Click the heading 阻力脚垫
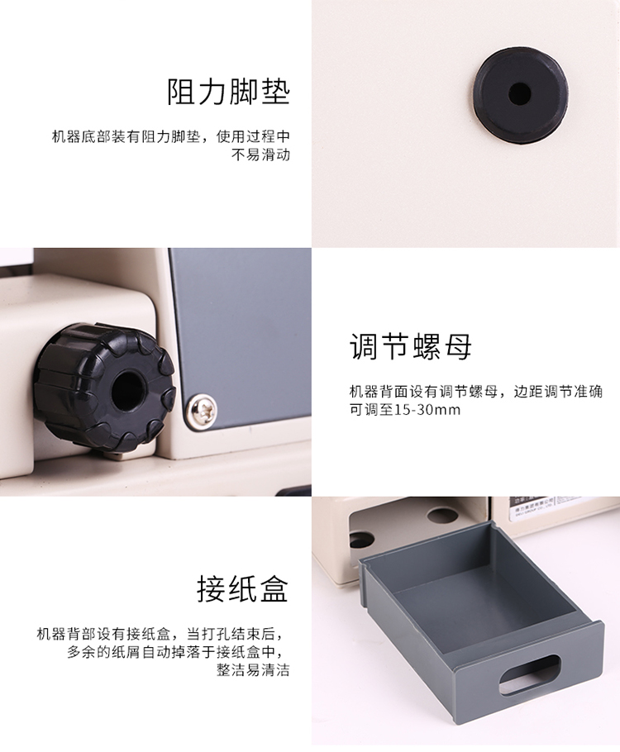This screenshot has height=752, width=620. [x=228, y=92]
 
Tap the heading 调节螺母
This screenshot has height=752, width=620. [x=410, y=346]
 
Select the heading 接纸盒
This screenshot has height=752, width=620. [x=242, y=588]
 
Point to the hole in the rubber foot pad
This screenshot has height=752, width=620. [x=520, y=93]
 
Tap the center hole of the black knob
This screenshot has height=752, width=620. [x=126, y=388]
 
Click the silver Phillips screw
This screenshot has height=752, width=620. [x=202, y=410]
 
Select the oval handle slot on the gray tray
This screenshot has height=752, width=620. [x=530, y=675]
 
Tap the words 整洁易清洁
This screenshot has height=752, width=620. [x=253, y=670]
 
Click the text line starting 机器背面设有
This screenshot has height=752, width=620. [x=475, y=392]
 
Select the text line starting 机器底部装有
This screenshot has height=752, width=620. [x=171, y=136]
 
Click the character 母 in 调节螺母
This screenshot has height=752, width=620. [x=457, y=346]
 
